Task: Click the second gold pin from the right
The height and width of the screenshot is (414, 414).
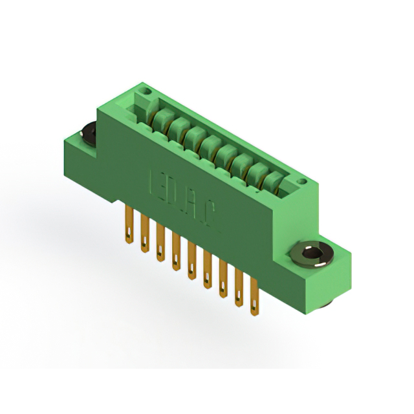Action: (x=239, y=292)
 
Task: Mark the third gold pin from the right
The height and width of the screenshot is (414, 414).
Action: (x=223, y=282)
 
